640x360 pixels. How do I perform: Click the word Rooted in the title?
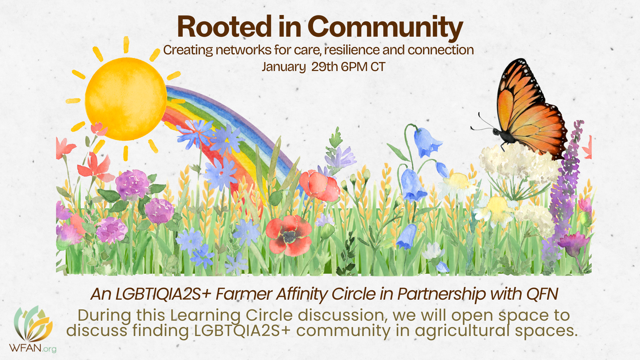point(224,27)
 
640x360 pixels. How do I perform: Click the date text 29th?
point(325,67)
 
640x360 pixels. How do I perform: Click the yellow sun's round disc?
point(126,99)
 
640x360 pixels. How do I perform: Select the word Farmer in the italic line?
point(244,294)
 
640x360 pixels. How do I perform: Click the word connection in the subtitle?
point(440,50)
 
